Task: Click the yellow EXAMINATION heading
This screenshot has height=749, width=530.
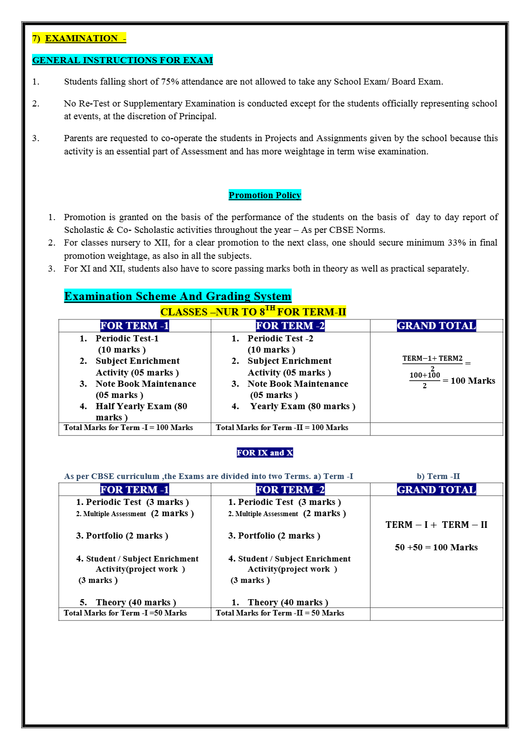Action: (79, 38)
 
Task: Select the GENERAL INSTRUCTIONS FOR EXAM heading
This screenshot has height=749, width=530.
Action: (122, 60)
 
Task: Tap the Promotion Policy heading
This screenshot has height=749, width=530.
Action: (265, 195)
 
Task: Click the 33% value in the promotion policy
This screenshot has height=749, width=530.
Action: (457, 243)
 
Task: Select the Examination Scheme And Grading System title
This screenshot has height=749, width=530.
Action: (177, 296)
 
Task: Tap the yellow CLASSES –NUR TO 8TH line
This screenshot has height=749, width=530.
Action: (253, 311)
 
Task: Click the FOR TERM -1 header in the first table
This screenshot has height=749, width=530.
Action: (135, 326)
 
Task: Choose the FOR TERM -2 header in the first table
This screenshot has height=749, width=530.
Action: (290, 326)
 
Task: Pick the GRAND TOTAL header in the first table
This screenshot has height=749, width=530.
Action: (436, 326)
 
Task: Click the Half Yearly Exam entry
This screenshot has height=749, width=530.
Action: (141, 407)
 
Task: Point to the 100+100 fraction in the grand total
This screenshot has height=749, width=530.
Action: (425, 376)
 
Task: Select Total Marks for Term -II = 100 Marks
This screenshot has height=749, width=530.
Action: (282, 427)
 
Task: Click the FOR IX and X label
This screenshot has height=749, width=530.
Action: (265, 452)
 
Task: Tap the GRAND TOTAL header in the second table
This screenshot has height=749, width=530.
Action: (436, 490)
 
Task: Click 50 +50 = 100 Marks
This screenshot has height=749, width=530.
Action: (436, 547)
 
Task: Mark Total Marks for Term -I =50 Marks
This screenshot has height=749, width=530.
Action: (125, 613)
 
